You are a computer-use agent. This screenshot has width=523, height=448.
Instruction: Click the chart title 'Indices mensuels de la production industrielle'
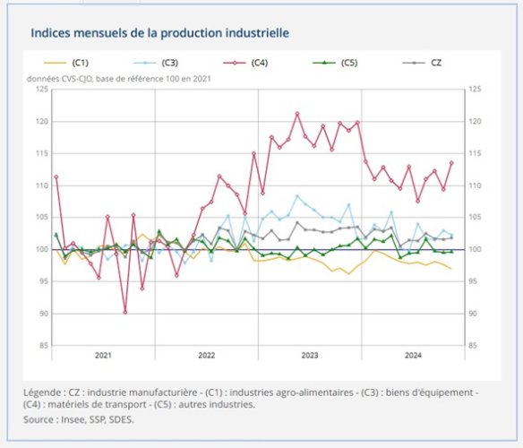click(159, 32)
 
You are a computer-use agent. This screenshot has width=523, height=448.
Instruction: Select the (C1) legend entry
click(72, 63)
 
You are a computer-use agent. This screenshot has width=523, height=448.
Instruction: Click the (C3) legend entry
click(160, 63)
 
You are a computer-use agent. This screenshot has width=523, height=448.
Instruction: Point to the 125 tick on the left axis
click(42, 90)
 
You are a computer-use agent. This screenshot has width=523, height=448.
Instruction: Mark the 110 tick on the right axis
click(475, 185)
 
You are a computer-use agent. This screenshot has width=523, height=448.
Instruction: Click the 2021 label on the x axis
click(103, 355)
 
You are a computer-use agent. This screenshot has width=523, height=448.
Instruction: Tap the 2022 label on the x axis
click(206, 355)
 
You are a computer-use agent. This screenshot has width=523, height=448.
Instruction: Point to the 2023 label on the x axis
click(310, 355)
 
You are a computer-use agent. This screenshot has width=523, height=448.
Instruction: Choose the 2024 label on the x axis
click(413, 355)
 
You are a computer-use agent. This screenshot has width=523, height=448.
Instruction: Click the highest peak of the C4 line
click(297, 114)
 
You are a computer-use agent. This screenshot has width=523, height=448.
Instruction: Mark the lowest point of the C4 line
click(125, 312)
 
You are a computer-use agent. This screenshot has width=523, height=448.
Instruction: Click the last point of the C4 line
click(451, 162)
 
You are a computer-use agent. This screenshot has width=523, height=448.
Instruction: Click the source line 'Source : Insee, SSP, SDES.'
click(79, 418)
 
